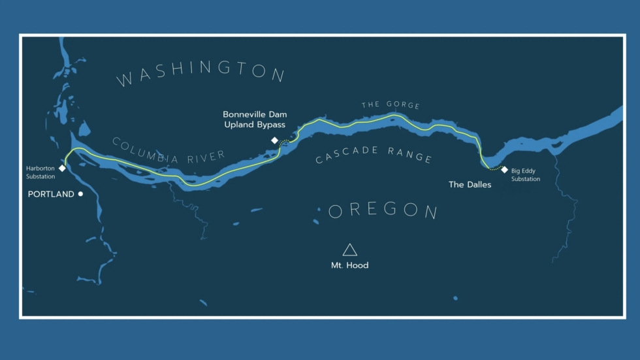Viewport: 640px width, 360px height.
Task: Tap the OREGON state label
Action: point(383,210)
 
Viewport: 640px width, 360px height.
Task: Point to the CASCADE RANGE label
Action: point(374,155)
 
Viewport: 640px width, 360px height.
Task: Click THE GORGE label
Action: point(391,105)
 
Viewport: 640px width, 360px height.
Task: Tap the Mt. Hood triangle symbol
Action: point(350,250)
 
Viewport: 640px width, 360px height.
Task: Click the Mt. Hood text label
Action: point(349,265)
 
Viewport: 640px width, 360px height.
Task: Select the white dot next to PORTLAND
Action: point(81,194)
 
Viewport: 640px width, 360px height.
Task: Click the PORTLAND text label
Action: point(51,194)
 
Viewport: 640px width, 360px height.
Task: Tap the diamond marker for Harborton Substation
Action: point(62,169)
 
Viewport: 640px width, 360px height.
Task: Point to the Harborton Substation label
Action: point(40,172)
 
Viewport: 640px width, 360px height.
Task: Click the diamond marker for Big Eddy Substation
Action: point(504,170)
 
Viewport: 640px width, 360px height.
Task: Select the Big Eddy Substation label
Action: point(526,175)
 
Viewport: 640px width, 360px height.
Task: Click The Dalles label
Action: point(470,185)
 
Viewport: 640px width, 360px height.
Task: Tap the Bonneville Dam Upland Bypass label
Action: point(255,120)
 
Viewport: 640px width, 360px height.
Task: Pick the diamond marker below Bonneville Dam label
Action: point(275,140)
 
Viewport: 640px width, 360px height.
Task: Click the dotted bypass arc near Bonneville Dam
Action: point(285,143)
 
